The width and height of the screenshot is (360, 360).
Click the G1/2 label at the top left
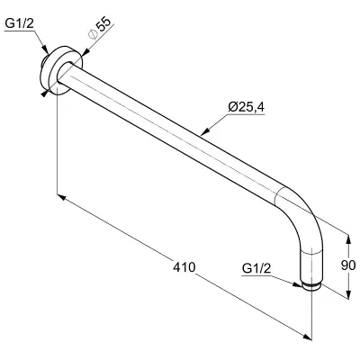pyautogui.click(x=20, y=24)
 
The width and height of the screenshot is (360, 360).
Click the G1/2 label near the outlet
pyautogui.click(x=256, y=268)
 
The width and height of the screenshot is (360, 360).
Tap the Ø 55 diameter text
pyautogui.click(x=100, y=28)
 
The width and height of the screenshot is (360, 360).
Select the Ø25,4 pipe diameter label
pyautogui.click(x=247, y=107)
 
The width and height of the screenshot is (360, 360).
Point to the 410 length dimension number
pyautogui.click(x=184, y=266)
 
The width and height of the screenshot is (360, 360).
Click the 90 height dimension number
pyautogui.click(x=348, y=265)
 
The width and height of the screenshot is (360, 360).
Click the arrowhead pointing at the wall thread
pyautogui.click(x=45, y=49)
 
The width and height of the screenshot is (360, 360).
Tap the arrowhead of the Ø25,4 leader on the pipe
pyautogui.click(x=205, y=131)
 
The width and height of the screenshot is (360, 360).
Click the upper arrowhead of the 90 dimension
pyautogui.click(x=348, y=239)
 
